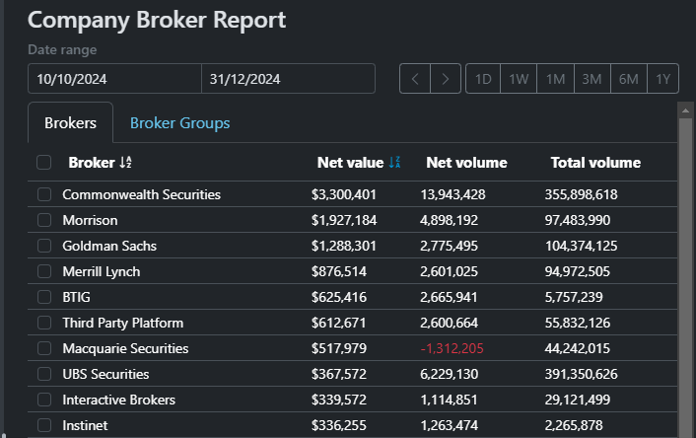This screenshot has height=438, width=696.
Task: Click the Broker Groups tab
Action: click(x=179, y=123)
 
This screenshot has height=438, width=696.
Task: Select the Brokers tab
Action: click(x=70, y=123)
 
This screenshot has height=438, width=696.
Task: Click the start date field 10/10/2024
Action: click(x=114, y=79)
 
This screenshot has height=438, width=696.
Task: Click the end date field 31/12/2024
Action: click(x=287, y=79)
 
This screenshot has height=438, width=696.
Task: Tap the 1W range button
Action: click(x=519, y=79)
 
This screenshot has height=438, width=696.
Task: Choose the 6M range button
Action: click(x=628, y=79)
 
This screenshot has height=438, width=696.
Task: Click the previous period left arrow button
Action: click(x=415, y=79)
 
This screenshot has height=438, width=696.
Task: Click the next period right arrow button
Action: click(x=446, y=79)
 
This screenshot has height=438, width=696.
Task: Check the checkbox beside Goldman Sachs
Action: click(x=44, y=246)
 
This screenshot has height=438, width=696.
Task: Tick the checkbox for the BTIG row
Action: click(x=44, y=297)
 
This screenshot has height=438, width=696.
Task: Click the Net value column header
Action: click(x=349, y=163)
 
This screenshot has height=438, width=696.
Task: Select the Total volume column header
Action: click(x=595, y=163)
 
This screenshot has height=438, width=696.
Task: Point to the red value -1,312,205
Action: click(x=452, y=348)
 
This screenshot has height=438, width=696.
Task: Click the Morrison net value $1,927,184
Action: click(x=344, y=220)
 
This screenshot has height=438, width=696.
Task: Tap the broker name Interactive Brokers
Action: click(x=118, y=400)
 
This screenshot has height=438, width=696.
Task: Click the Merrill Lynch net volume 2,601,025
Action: click(x=452, y=271)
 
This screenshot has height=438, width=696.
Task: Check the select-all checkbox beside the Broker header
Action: click(x=44, y=163)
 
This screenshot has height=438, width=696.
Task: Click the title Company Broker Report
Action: click(x=157, y=20)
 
